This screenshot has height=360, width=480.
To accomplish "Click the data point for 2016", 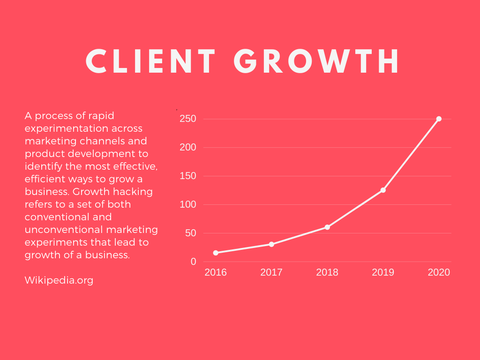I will [216, 253].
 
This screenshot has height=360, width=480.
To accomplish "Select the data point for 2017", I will [271, 244].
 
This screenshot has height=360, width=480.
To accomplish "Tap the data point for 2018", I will [327, 227].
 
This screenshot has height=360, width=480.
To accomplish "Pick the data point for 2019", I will [383, 190].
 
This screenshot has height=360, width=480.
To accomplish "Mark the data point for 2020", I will [439, 119].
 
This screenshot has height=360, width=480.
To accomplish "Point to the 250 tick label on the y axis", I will [187, 119].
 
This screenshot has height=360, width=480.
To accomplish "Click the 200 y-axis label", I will [187, 148].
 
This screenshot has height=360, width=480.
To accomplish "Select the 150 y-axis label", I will [187, 176].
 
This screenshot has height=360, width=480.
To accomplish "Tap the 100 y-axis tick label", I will [187, 205].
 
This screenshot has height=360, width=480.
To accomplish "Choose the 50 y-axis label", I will [190, 233].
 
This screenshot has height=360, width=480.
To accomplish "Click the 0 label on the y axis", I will [193, 262].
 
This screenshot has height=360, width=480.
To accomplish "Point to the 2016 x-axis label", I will [216, 272].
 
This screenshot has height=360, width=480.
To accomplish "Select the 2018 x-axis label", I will [327, 272].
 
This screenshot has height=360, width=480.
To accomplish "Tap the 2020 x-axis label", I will [439, 272].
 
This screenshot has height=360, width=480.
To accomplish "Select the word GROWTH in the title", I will [317, 61].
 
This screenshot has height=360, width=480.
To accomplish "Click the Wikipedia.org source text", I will [59, 280].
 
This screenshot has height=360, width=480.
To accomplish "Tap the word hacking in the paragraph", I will [132, 192].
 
